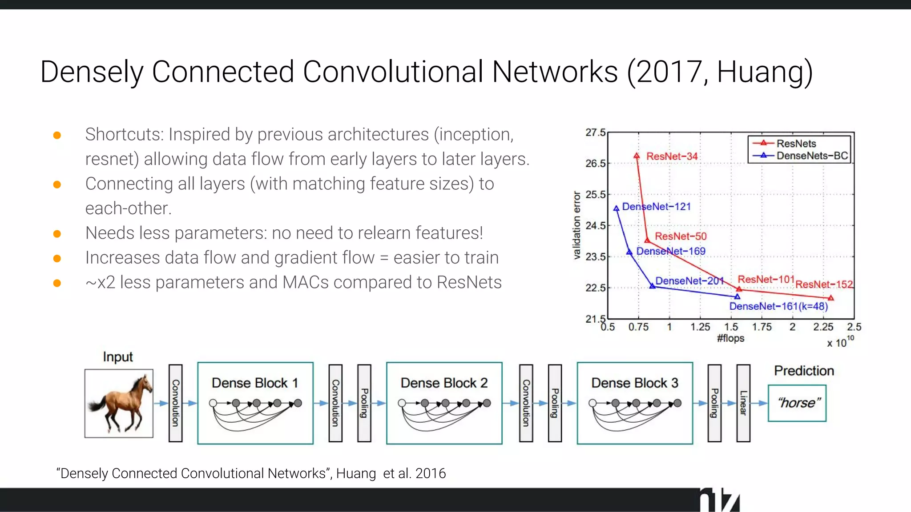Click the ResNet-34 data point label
click(x=672, y=156)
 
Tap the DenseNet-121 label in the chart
click(x=656, y=207)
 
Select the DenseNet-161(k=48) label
click(x=778, y=306)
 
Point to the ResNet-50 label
click(x=681, y=236)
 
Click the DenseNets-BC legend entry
click(x=812, y=156)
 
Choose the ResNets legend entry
click(x=796, y=144)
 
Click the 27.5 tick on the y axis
click(x=595, y=132)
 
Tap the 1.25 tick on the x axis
click(x=700, y=327)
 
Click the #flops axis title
click(x=730, y=338)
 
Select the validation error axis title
click(x=577, y=225)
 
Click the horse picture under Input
click(x=119, y=403)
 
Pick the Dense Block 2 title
click(x=444, y=383)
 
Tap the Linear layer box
click(x=743, y=403)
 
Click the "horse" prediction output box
click(x=797, y=403)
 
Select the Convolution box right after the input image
click(x=176, y=403)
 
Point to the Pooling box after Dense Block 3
click(x=714, y=403)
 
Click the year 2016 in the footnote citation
click(x=430, y=473)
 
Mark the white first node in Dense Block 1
click(x=213, y=403)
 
